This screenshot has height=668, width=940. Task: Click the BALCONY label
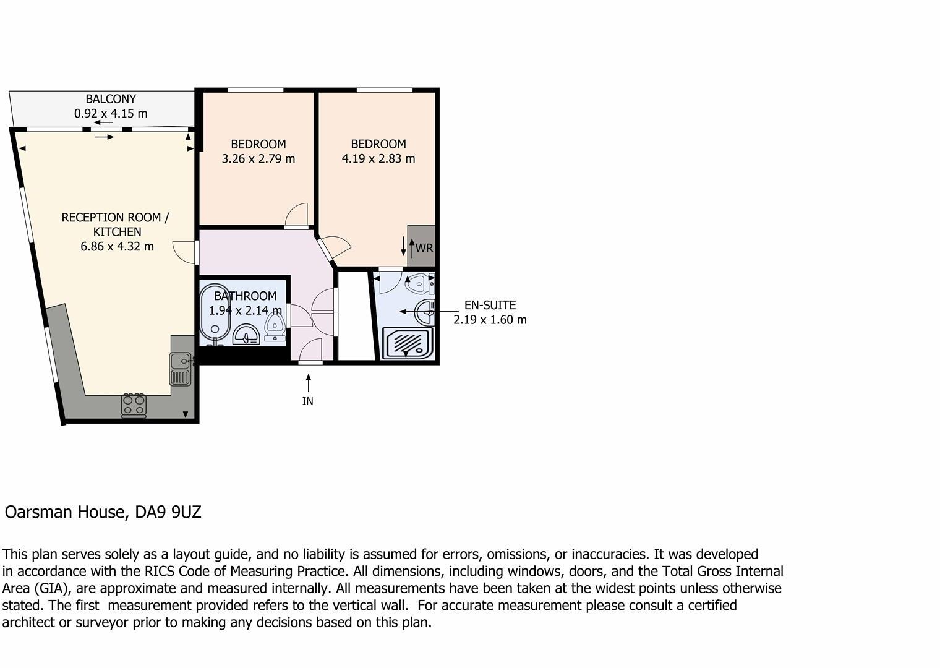[111, 99]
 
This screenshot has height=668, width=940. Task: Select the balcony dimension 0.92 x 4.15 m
[111, 114]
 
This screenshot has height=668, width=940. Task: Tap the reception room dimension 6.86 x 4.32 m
[117, 247]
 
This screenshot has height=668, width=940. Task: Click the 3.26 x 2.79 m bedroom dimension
[258, 159]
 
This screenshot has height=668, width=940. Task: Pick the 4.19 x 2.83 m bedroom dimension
[378, 159]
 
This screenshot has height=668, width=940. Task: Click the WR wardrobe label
[424, 249]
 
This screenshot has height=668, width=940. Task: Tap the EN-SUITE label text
[490, 306]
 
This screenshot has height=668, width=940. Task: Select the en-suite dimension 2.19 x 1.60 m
[490, 320]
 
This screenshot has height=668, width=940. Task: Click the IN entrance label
[307, 401]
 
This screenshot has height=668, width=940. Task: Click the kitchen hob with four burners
[134, 405]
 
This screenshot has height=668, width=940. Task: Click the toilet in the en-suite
[418, 285]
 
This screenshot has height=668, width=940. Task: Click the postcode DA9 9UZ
[168, 513]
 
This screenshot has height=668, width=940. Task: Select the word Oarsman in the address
[38, 513]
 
